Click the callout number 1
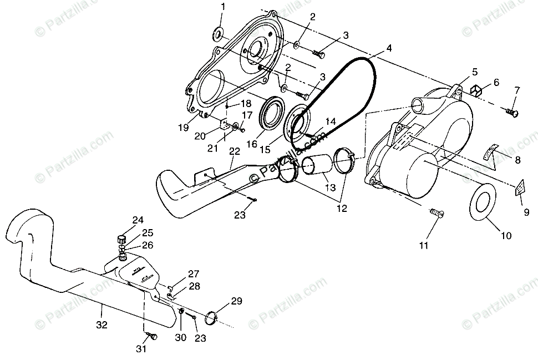tap(223, 7)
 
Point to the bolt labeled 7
tap(511, 113)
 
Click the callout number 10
tap(506, 236)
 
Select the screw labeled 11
tap(435, 212)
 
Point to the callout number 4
tap(389, 48)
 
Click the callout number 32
tap(101, 324)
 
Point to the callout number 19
tap(183, 127)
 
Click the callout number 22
tap(235, 151)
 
